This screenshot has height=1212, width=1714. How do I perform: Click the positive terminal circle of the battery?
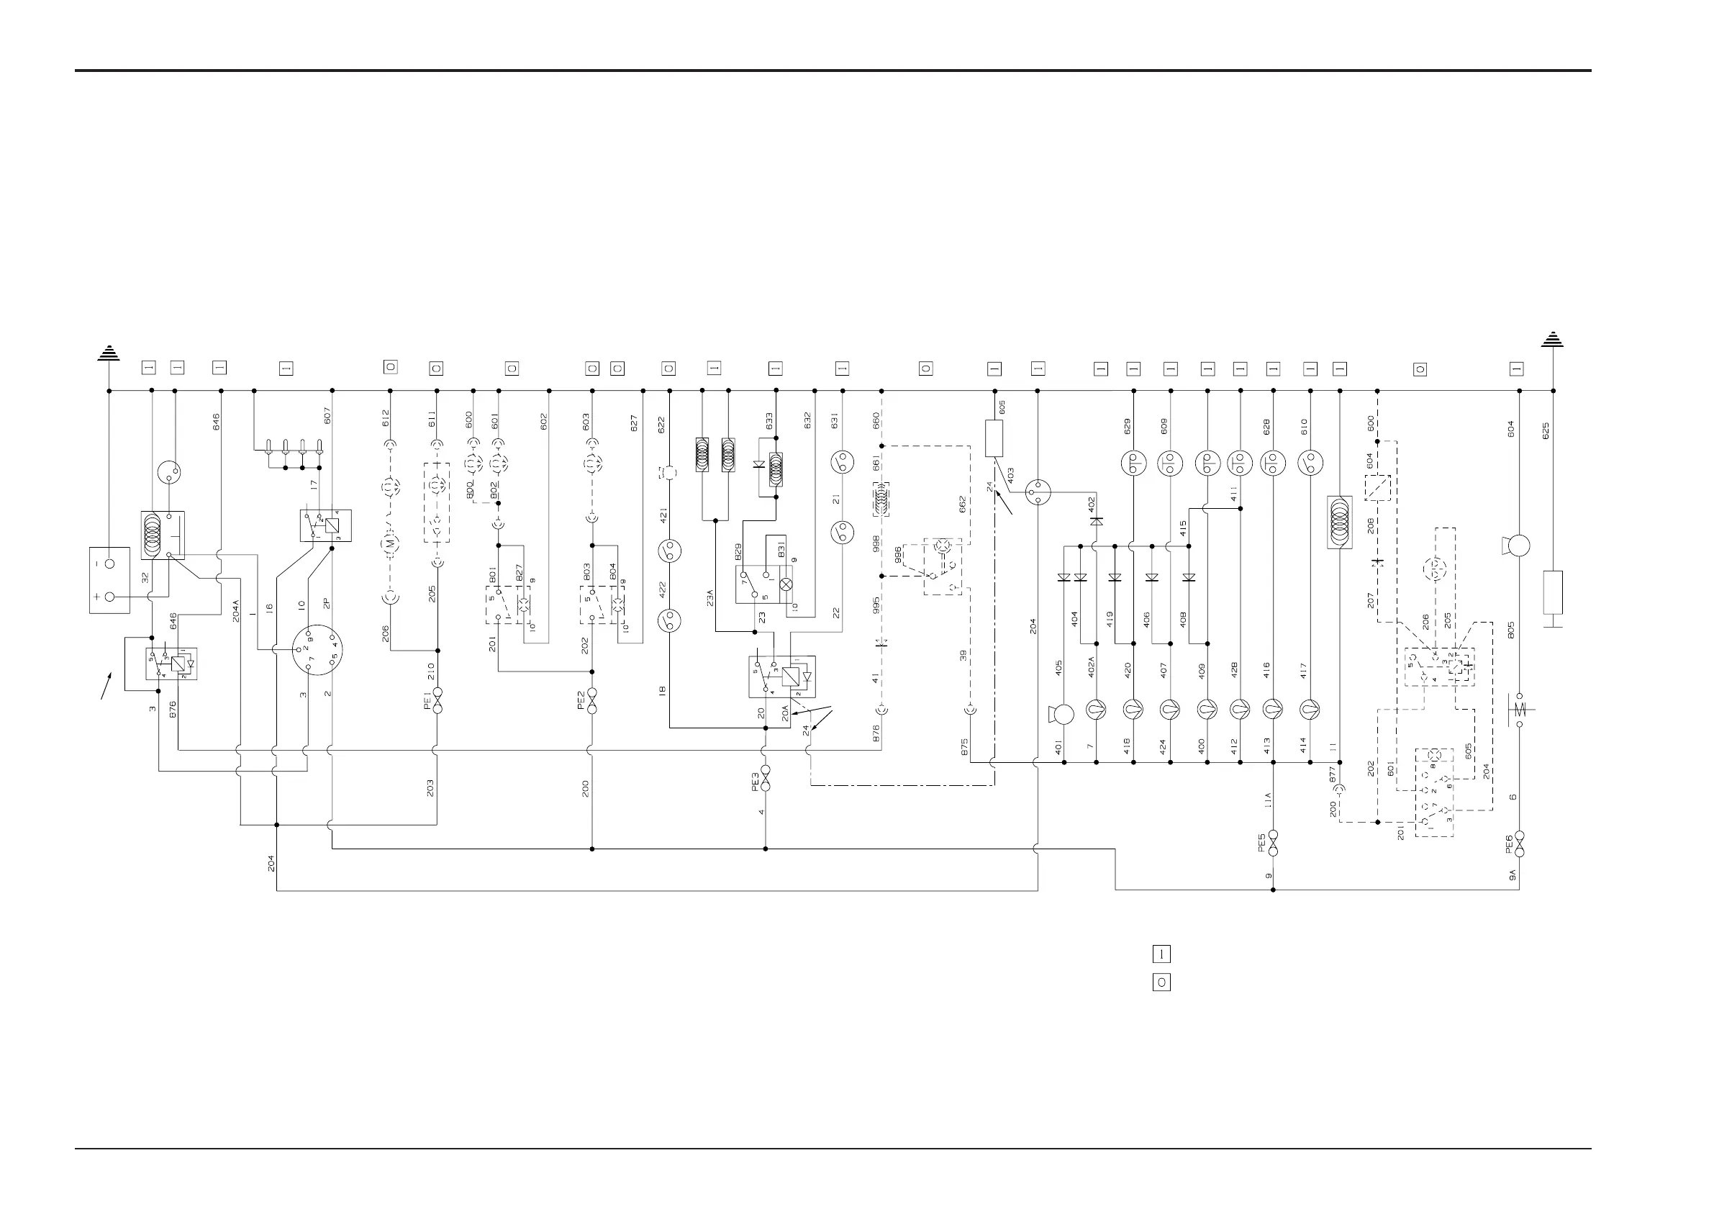coord(111,597)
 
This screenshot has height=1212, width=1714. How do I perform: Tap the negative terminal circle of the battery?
coord(111,564)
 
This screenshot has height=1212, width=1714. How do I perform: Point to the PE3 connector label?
coord(756,781)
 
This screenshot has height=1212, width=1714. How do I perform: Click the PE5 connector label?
coord(1261,843)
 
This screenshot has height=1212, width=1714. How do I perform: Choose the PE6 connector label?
coord(1510,844)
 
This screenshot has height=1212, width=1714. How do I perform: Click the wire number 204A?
coord(236,610)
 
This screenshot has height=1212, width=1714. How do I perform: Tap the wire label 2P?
coord(326,602)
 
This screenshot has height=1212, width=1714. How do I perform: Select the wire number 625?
coord(1546,431)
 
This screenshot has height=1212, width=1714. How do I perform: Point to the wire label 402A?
coord(1091,668)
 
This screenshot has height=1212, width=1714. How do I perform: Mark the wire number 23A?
coord(709,597)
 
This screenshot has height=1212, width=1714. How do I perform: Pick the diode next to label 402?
coord(1096,521)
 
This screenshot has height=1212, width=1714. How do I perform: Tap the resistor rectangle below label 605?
coord(994,438)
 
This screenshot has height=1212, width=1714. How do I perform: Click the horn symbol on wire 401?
coord(1061,715)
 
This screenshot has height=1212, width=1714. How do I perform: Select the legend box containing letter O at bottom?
coord(1161,982)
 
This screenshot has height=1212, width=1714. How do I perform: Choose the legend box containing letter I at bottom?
coord(1161,954)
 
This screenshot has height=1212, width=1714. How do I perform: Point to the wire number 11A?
coord(1267,800)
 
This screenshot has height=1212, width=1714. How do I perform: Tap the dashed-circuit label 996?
coord(898,554)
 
